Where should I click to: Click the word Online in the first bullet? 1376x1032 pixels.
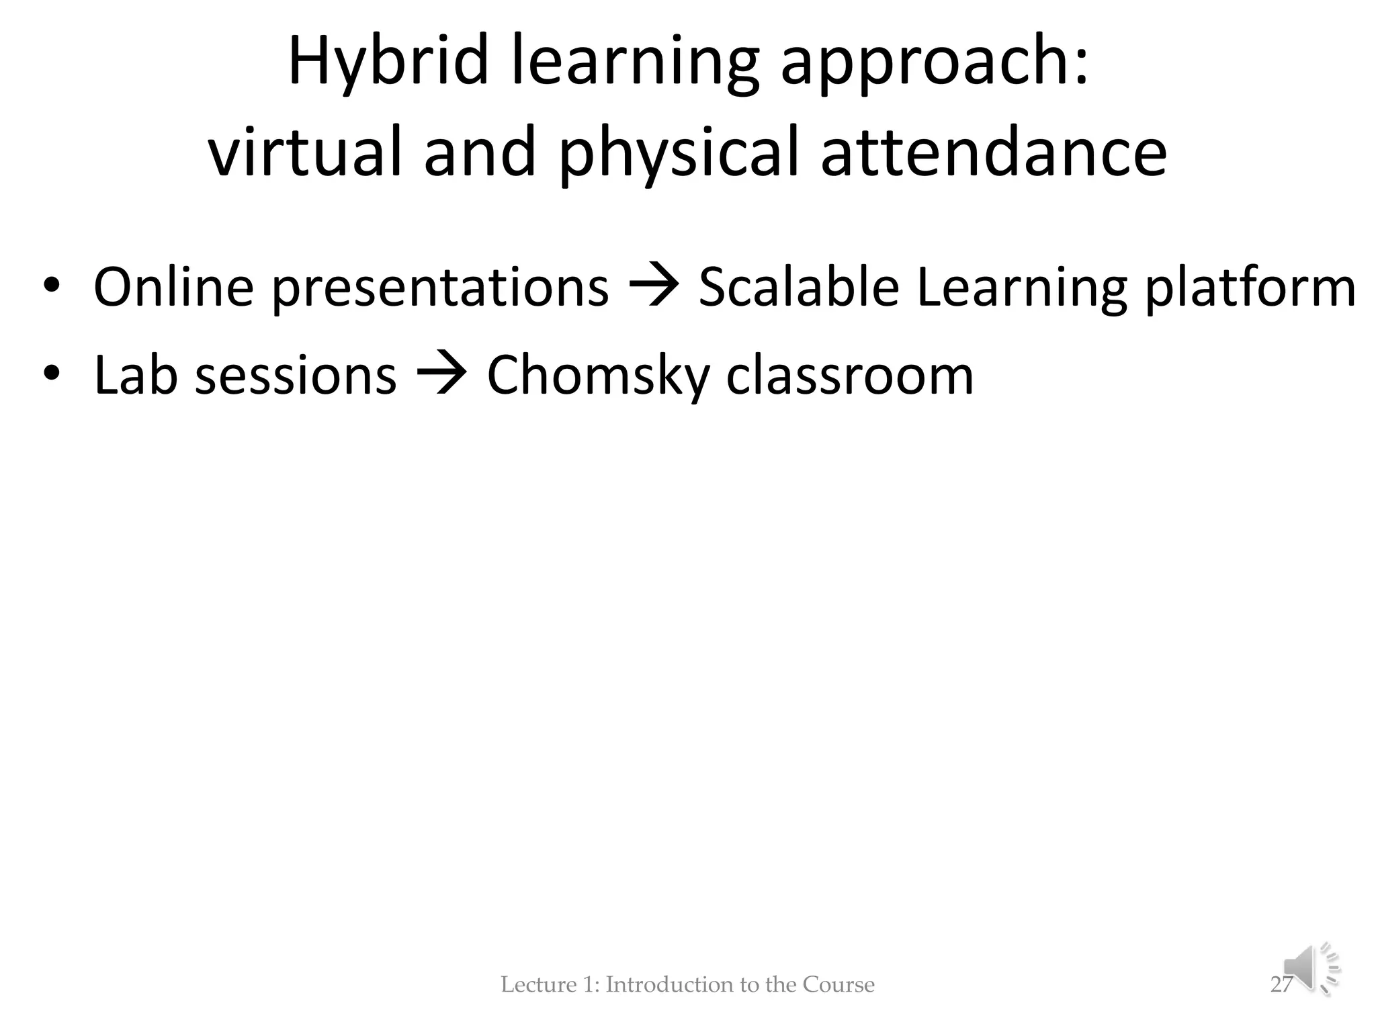[x=173, y=287]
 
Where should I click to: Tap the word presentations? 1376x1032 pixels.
[x=440, y=287]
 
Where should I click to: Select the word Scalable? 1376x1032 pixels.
[x=798, y=287]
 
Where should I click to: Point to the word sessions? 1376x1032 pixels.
[x=296, y=375]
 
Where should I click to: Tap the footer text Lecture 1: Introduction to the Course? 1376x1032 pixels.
[x=687, y=984]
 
